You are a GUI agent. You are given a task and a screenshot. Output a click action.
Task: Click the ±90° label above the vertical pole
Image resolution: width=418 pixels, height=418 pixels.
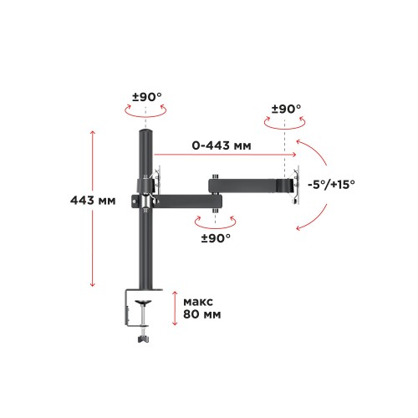coord(147,97)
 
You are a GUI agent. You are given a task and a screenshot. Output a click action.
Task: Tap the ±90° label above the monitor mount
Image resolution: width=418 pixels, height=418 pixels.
coord(287,109)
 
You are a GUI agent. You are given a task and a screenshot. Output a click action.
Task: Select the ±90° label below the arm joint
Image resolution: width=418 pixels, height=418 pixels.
coord(216,238)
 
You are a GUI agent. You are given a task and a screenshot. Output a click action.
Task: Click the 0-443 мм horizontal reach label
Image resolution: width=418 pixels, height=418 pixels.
coord(222,145)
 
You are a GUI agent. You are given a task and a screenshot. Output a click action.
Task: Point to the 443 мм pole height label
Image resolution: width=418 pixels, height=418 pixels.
coord(93,201)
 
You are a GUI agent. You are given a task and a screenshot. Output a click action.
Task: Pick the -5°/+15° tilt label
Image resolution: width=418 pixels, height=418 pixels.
coord(331,185)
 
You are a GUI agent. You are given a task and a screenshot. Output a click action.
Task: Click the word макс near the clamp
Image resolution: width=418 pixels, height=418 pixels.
coord(198,302)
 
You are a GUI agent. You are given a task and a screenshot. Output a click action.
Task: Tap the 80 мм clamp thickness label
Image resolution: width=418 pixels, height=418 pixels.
coord(202,314)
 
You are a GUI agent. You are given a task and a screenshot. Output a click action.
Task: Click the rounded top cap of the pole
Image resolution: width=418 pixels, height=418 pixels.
coord(145,132)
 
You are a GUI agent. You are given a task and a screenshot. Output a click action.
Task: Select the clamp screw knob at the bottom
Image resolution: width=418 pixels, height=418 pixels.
coord(143,339)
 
